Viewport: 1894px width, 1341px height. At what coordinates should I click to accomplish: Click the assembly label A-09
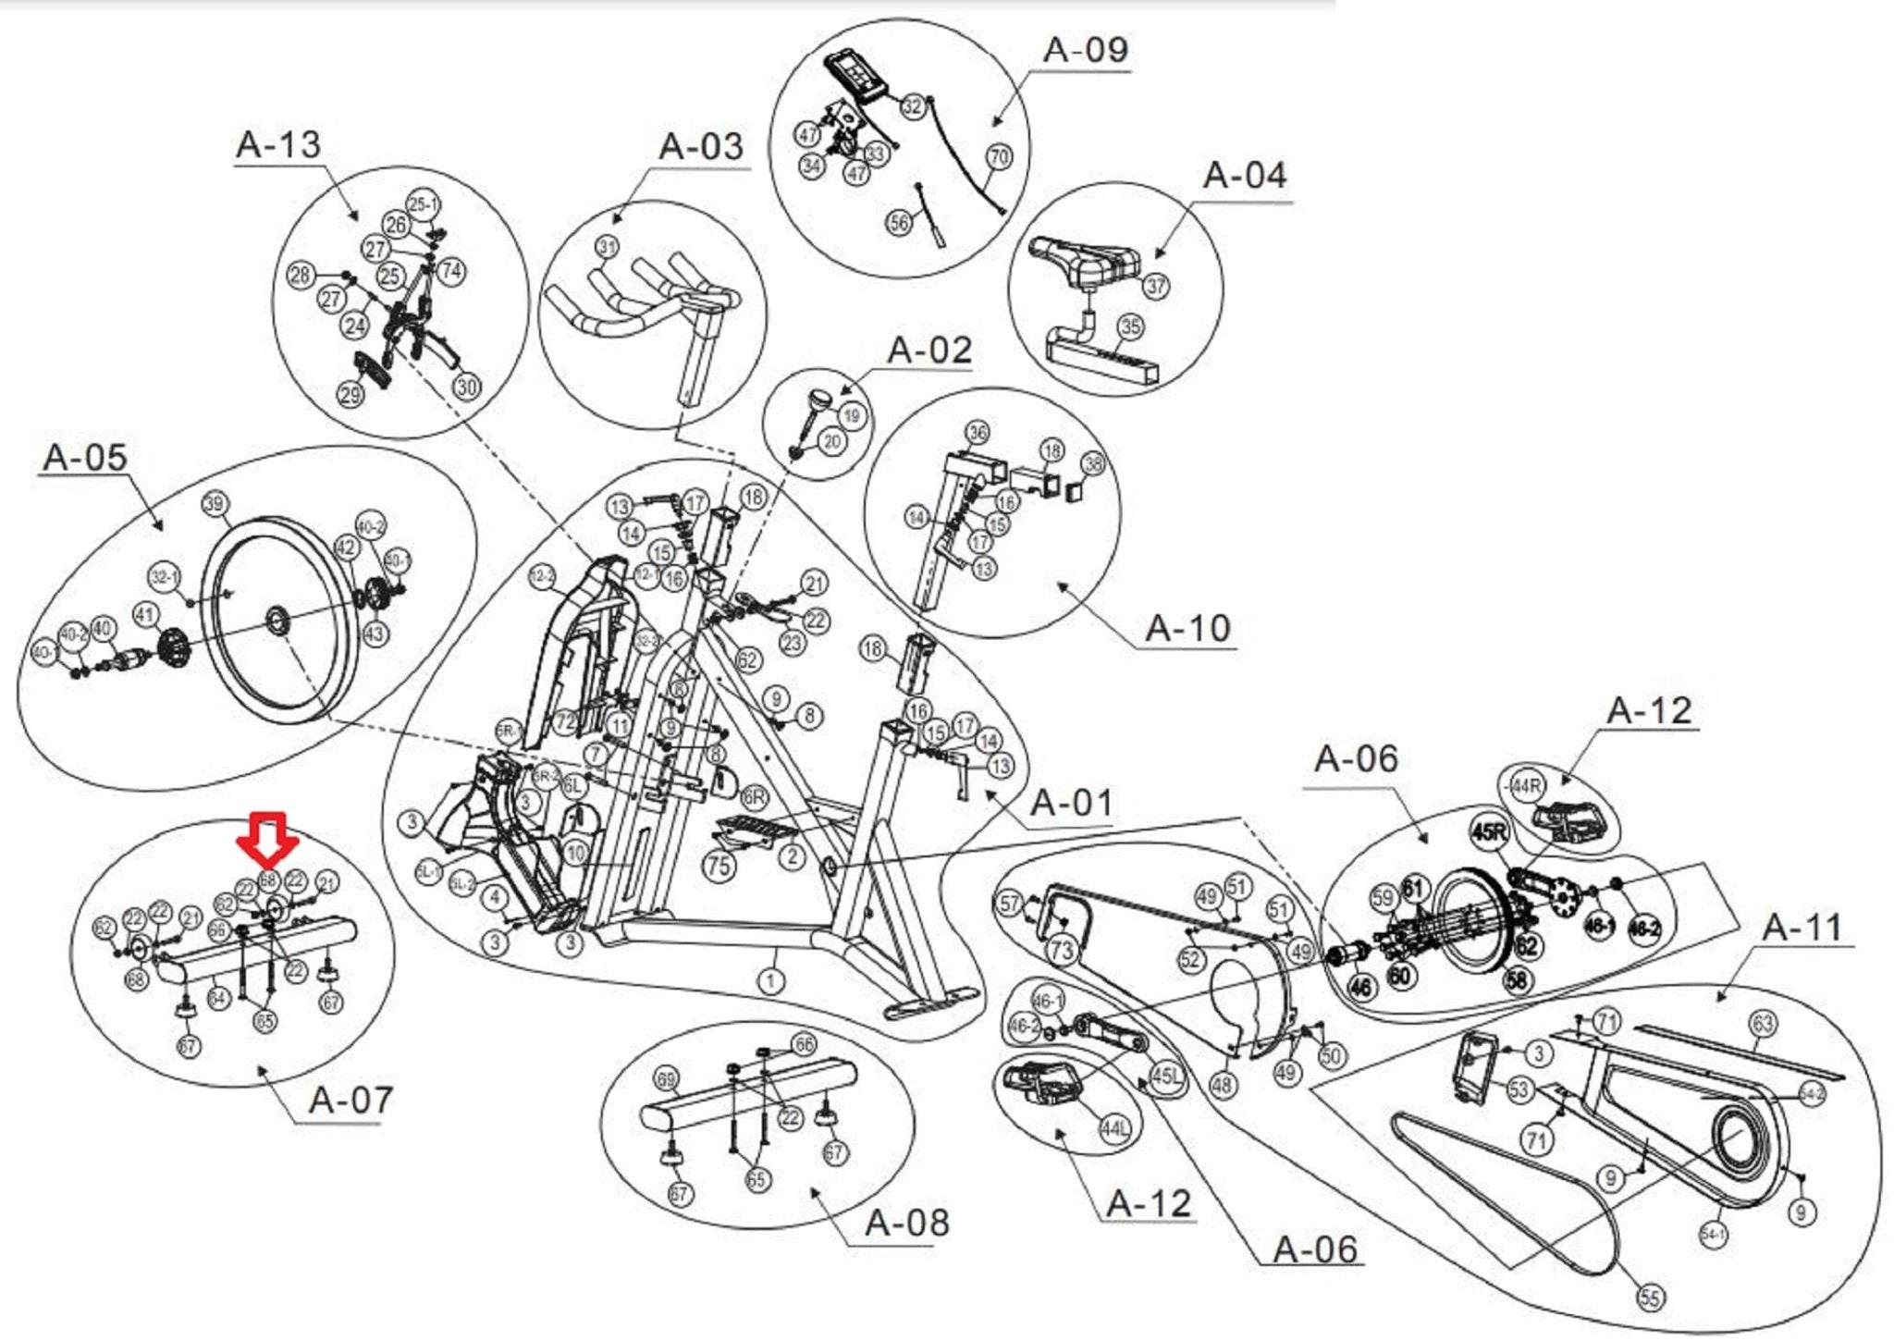click(1086, 50)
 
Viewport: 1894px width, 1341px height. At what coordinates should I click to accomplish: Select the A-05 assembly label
click(85, 457)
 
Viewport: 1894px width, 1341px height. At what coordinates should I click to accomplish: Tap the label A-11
click(1802, 927)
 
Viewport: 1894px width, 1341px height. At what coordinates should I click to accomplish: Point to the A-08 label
click(906, 1223)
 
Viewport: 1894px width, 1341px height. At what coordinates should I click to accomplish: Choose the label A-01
click(1072, 803)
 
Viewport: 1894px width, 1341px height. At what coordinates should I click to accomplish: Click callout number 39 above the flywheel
click(215, 504)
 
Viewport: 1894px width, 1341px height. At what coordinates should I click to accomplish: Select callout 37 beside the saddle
click(1156, 286)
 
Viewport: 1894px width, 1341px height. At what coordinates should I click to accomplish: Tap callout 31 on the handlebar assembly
click(607, 247)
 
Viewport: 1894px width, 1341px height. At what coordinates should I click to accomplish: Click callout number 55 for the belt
click(1650, 1298)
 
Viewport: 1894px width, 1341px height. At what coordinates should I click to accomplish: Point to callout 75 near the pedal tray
click(719, 866)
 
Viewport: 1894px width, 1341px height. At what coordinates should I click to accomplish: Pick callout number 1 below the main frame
click(770, 979)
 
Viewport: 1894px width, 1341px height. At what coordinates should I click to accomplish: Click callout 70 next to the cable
click(999, 157)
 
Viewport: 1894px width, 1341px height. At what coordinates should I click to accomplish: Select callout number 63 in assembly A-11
click(1763, 1023)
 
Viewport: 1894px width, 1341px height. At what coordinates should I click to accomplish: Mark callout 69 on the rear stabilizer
click(666, 1078)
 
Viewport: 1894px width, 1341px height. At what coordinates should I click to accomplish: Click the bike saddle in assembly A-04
click(1084, 258)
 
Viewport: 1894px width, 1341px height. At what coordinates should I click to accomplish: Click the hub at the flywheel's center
click(277, 621)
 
